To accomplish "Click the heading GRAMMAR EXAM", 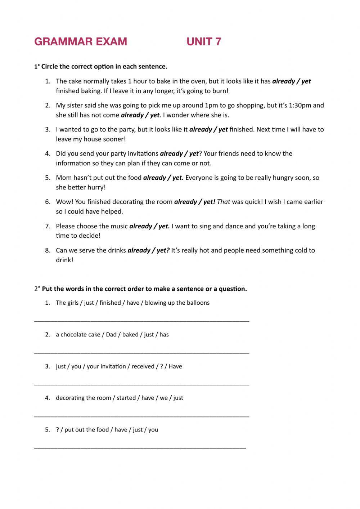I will click(x=81, y=42).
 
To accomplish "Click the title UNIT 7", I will click(x=204, y=42).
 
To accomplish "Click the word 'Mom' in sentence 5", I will click(x=63, y=178).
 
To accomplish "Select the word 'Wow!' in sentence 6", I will click(x=64, y=202).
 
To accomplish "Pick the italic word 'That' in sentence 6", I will click(x=224, y=202).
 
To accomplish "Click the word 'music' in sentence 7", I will click(x=118, y=227).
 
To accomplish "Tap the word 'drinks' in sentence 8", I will click(x=117, y=251).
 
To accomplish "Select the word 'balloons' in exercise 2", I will click(x=197, y=303).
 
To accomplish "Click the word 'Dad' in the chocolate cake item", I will click(x=111, y=335).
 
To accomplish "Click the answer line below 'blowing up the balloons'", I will click(x=141, y=320).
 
